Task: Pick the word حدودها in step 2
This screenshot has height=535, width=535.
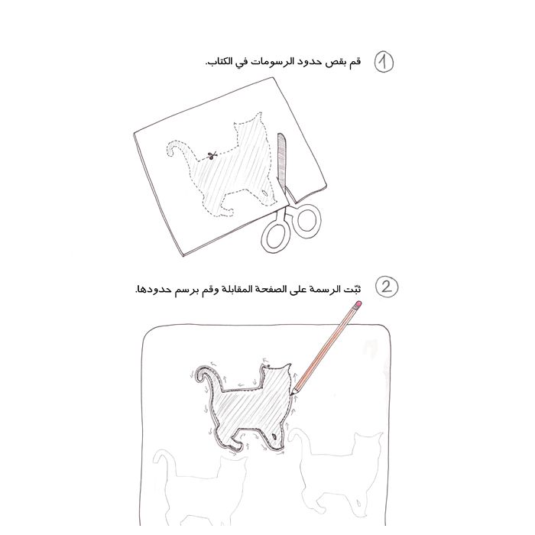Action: pyautogui.click(x=151, y=289)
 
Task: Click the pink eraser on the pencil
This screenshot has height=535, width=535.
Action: pyautogui.click(x=357, y=304)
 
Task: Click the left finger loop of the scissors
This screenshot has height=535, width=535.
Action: pyautogui.click(x=273, y=236)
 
